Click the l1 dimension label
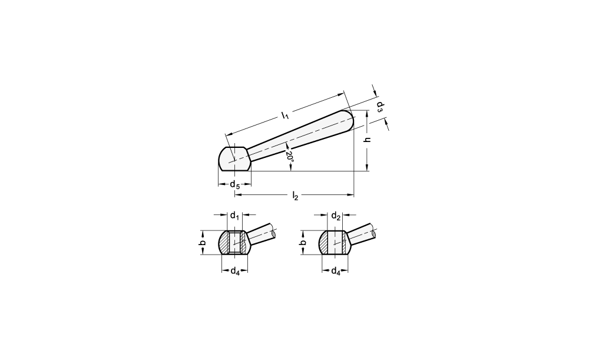pyautogui.click(x=286, y=115)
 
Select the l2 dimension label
pyautogui.click(x=295, y=196)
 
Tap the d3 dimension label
pyautogui.click(x=380, y=107)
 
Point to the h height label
pyautogui.click(x=369, y=139)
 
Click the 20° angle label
pyautogui.click(x=290, y=156)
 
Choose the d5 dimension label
pyautogui.click(x=235, y=184)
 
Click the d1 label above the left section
pyautogui.click(x=235, y=216)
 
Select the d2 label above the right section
pyautogui.click(x=336, y=216)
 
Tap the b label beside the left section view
pyautogui.click(x=203, y=243)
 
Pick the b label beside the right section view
pyautogui.click(x=303, y=243)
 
